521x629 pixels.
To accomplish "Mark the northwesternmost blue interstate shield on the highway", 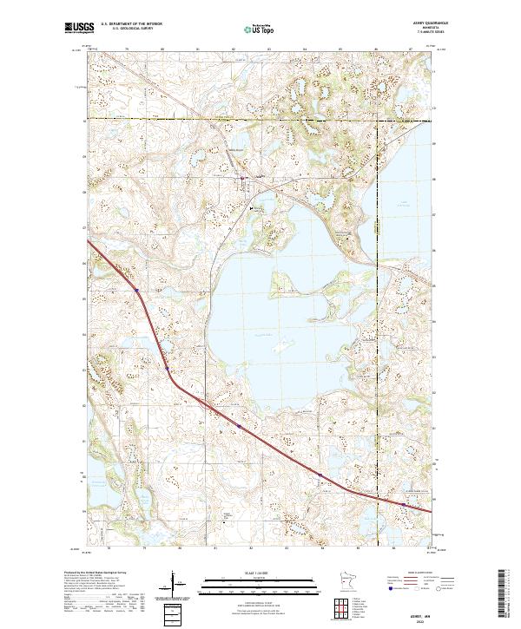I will coord(135,289).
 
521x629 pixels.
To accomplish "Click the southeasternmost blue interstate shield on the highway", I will coord(403,502).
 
